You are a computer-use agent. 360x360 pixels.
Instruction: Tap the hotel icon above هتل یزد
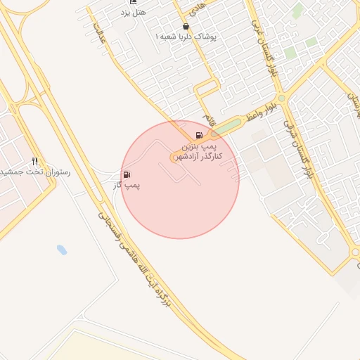[x=133, y=2]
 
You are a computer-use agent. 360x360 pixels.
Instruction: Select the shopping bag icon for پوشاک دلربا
[x=186, y=26]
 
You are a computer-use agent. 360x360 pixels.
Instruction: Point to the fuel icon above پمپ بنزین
[x=200, y=135]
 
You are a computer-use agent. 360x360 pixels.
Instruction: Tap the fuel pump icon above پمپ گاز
[x=127, y=174]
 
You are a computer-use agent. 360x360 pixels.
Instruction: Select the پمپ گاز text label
[x=128, y=186]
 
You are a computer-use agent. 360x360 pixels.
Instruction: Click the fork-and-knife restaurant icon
[x=35, y=161]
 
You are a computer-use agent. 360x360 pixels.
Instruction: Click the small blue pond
[x=61, y=250]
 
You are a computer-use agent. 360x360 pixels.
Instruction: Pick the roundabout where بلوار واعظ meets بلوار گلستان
[x=281, y=99]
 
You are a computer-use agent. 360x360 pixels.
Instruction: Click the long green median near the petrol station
[x=225, y=127]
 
